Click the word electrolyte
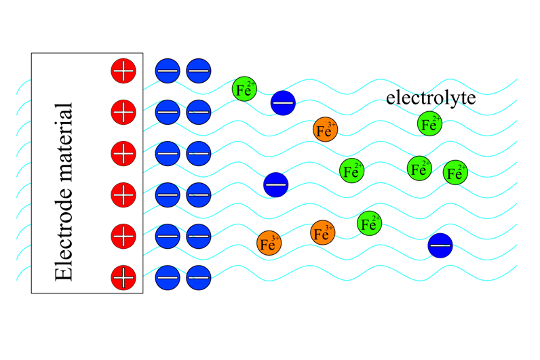point(431,98)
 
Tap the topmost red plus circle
point(123,70)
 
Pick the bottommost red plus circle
point(123,277)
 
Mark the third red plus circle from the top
point(123,153)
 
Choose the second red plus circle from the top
point(123,111)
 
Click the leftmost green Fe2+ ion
point(244,89)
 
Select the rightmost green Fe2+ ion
point(456,172)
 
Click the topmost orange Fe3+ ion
point(326,129)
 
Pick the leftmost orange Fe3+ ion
point(269,243)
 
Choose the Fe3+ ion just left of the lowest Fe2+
point(324,233)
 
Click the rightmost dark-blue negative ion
point(440,245)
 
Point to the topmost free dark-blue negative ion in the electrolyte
point(283,102)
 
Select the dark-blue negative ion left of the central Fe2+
point(276,184)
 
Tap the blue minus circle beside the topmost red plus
point(168,70)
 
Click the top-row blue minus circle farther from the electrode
point(199,70)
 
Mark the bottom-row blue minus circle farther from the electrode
point(199,277)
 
